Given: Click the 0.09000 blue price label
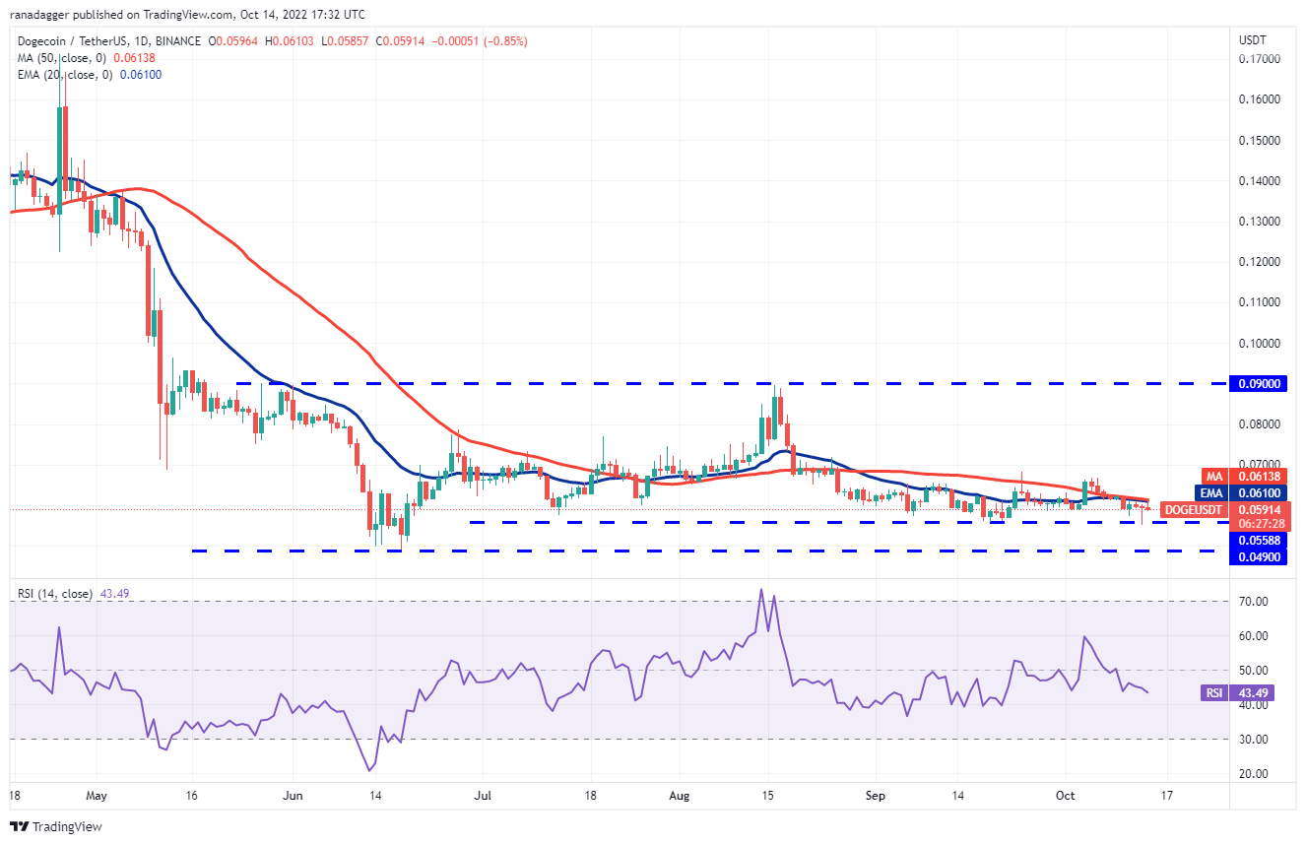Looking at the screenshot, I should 1260,384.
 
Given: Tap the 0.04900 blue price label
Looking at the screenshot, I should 1260,556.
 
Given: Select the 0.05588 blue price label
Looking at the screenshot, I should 1260,539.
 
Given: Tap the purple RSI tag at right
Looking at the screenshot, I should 1214,692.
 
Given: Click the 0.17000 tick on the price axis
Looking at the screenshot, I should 1260,59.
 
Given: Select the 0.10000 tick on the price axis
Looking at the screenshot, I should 1260,343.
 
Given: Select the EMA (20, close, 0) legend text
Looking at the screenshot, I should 61,76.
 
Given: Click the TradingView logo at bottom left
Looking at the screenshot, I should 56,826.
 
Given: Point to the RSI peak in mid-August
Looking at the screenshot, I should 760,590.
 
